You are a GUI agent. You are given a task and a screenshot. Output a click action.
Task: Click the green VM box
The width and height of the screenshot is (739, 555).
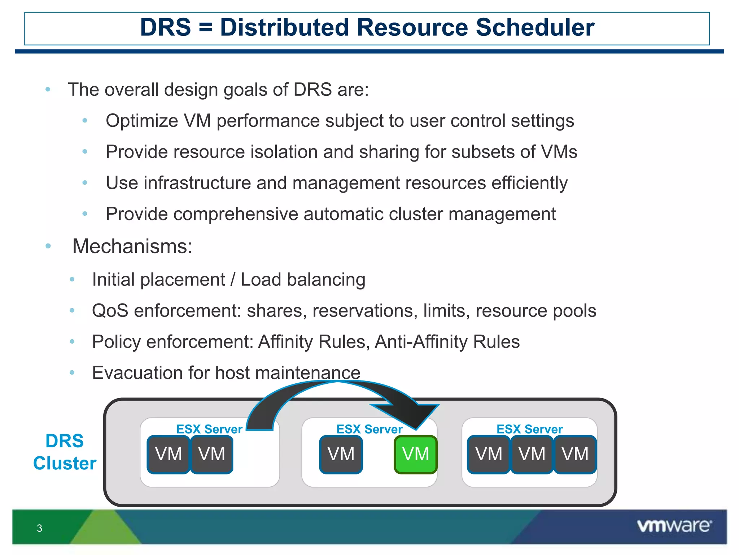point(415,454)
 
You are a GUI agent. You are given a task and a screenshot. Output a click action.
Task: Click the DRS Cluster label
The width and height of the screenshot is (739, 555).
point(65,452)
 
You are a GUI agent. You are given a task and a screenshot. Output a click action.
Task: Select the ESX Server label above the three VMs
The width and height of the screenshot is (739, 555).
point(529,429)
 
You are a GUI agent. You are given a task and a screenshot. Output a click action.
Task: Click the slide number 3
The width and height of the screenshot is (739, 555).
point(39,528)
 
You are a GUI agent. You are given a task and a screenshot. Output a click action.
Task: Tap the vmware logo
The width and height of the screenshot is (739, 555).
point(674,526)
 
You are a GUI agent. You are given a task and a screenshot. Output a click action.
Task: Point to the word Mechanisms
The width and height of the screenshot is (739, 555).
point(132,246)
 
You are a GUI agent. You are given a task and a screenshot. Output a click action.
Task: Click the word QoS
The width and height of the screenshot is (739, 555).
point(110,311)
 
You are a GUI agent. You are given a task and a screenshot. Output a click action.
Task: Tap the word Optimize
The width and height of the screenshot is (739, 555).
point(142,121)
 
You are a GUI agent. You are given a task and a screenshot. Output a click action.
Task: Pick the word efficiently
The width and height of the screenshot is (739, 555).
point(529,183)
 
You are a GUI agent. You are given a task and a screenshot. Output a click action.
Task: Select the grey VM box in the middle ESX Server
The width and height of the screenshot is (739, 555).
point(341,454)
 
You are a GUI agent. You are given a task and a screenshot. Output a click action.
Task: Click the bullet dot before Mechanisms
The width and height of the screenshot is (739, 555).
point(48,246)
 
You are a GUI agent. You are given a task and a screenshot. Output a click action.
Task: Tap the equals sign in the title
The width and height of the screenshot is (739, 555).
point(205,27)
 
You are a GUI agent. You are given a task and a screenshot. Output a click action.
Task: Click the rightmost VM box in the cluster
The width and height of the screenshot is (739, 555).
point(575,454)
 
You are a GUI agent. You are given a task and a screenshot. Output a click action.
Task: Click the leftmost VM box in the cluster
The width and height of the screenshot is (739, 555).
point(168,454)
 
